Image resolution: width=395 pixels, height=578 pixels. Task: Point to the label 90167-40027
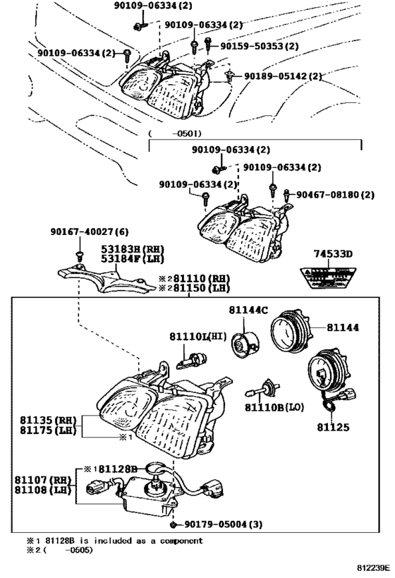click(x=79, y=231)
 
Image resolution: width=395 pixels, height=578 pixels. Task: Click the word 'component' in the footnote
click(x=178, y=541)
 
